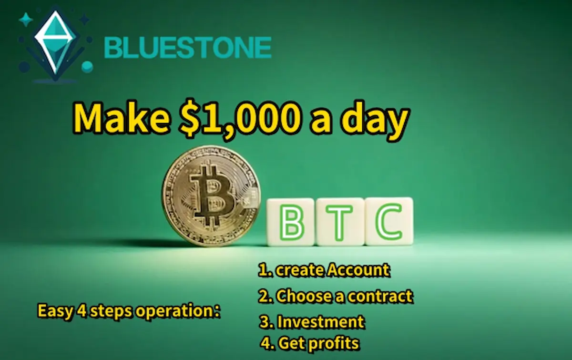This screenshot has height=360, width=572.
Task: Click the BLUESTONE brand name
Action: [x=188, y=47]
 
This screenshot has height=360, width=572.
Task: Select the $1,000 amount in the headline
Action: [x=239, y=119]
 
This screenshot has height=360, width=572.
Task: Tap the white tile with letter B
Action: [x=290, y=222]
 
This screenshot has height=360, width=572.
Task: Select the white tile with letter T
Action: [x=340, y=222]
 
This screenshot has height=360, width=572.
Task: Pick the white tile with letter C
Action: [x=389, y=221]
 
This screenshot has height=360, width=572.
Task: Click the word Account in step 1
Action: [x=358, y=270]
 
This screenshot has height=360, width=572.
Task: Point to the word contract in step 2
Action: [x=380, y=297]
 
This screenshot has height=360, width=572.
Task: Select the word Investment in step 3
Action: [x=321, y=322]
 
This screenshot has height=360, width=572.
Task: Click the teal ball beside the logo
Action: [x=87, y=67]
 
